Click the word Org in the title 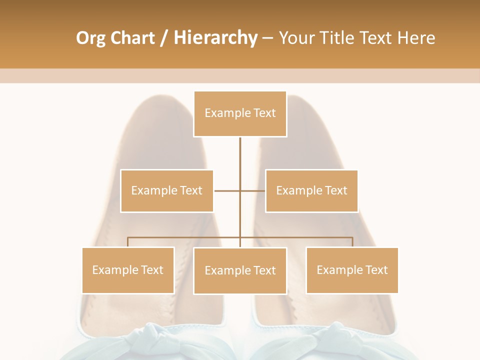pos(90,38)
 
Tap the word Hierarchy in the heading pos(215,38)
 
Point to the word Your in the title pos(297,38)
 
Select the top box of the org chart pos(240,113)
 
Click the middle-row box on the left pos(166,190)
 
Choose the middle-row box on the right pos(311,190)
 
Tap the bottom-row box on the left pos(128,270)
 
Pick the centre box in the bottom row pos(240,270)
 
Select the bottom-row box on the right pos(352,270)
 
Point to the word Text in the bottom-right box pos(376,270)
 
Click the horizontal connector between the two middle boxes pos(227,190)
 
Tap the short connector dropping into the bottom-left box pos(128,242)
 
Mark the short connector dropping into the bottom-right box pos(352,242)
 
